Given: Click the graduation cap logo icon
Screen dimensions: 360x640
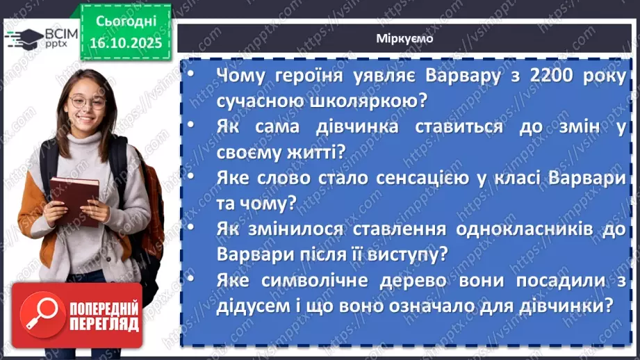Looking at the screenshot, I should pos(24,38).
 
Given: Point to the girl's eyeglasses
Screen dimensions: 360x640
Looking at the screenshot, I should pos(88,102).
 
